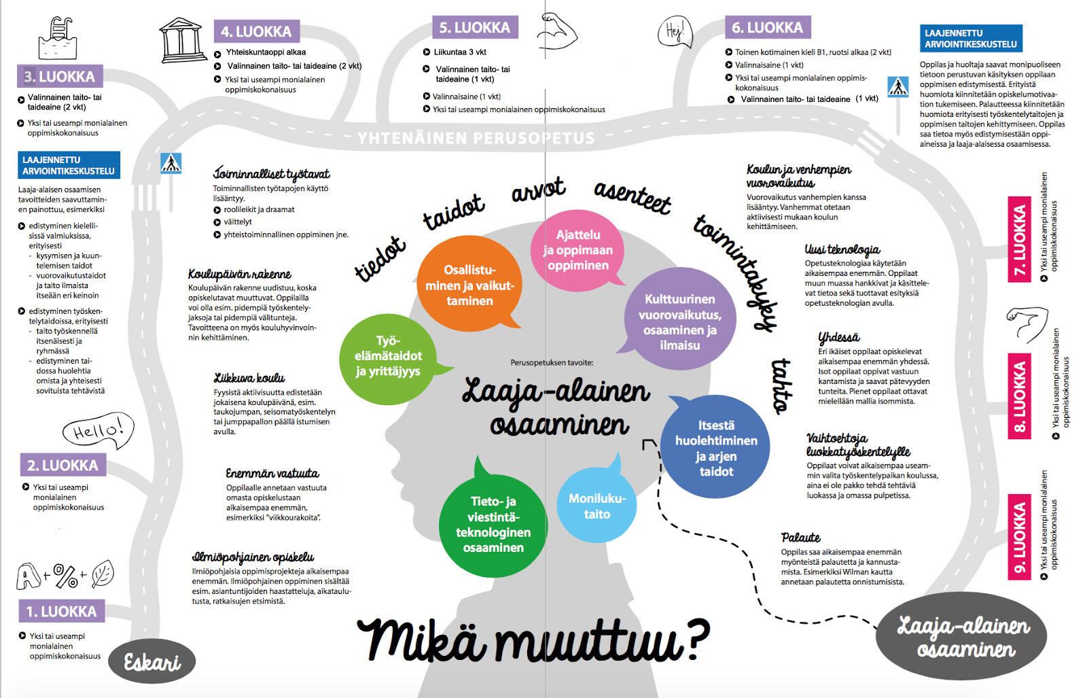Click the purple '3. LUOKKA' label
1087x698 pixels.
(x=60, y=76)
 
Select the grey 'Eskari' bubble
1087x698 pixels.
(x=152, y=661)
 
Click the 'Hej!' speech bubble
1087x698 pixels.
(x=675, y=32)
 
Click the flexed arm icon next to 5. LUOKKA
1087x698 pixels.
(x=556, y=31)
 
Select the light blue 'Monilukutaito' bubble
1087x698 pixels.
(x=596, y=506)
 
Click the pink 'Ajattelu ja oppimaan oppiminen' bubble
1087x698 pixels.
(x=577, y=250)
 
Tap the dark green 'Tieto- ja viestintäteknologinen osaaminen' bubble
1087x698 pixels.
(x=493, y=524)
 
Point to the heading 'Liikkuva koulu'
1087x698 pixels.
(x=249, y=378)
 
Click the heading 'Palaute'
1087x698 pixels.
(x=800, y=538)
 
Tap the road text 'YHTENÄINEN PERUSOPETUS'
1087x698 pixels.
(x=476, y=139)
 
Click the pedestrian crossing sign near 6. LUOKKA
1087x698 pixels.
(x=898, y=86)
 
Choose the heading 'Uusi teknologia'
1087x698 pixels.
(x=842, y=249)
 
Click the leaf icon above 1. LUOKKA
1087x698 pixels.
(x=103, y=574)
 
